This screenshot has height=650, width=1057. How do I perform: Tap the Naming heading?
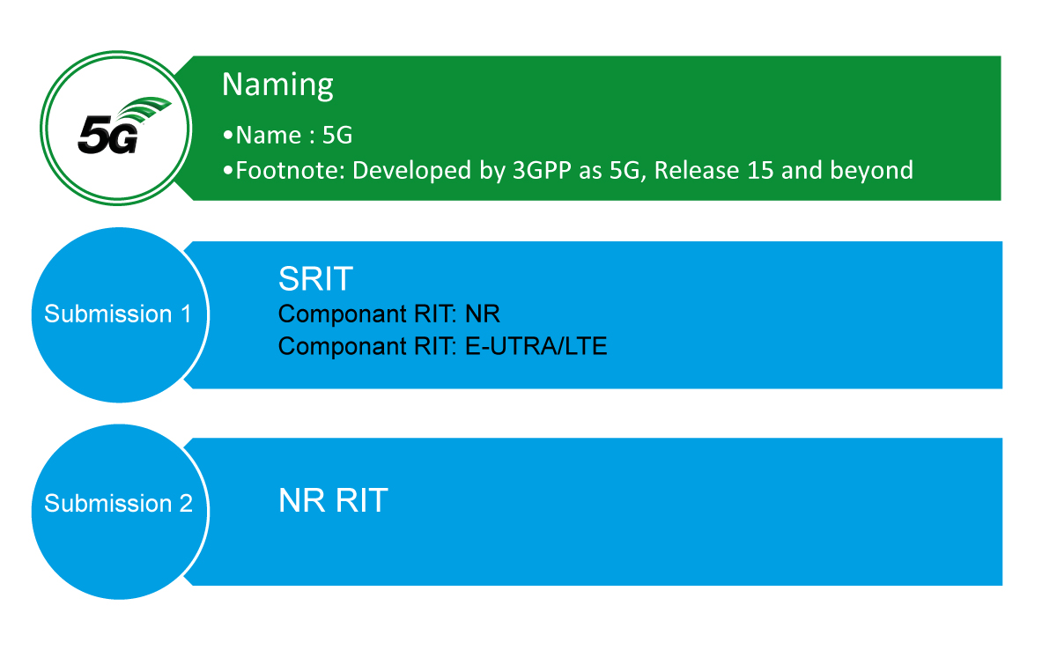(x=277, y=85)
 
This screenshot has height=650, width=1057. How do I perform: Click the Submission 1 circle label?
(x=117, y=314)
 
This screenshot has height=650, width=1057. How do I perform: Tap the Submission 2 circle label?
(x=118, y=503)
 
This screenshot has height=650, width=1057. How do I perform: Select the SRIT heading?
(x=315, y=278)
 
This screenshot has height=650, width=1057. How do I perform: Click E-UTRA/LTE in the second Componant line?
(x=536, y=346)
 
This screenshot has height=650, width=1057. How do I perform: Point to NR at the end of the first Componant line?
(x=483, y=314)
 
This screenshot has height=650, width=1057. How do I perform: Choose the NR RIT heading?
(x=333, y=500)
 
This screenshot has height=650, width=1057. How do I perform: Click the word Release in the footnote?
(x=697, y=170)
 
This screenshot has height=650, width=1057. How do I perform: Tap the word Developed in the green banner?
(x=411, y=171)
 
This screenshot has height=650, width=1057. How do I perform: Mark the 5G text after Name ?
(x=336, y=136)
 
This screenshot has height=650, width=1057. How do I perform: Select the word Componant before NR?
(x=343, y=314)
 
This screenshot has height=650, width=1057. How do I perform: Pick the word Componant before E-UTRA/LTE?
(x=343, y=347)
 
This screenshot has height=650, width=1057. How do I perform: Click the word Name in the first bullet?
(x=268, y=136)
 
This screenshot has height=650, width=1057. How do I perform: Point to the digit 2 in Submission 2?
(x=186, y=503)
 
